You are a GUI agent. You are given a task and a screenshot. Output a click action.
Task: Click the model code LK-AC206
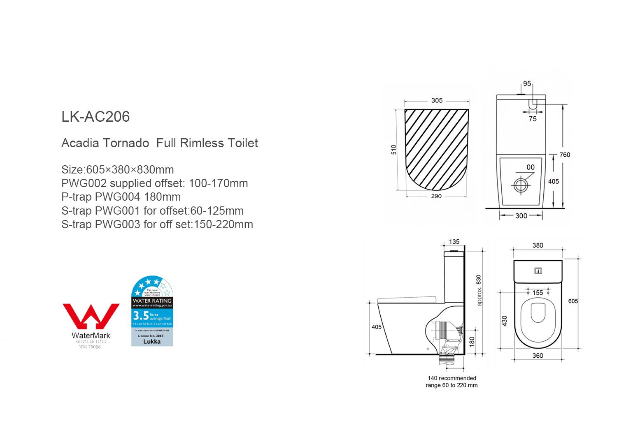point(95,117)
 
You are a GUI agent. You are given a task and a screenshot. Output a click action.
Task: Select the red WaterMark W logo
point(91,316)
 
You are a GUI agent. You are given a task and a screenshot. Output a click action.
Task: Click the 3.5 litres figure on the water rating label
point(141,316)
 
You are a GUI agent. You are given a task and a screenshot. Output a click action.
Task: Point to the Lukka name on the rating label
point(152,342)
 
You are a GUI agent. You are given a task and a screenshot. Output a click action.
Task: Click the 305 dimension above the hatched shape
point(437,100)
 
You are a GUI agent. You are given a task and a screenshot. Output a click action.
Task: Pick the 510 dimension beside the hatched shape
point(393,150)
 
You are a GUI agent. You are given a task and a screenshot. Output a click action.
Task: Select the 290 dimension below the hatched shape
point(436,196)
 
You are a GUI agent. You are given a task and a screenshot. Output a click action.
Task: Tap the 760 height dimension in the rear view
point(565,155)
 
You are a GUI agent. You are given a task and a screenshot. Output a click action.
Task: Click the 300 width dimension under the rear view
point(521,216)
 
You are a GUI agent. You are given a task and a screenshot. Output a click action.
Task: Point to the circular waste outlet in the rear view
point(521,185)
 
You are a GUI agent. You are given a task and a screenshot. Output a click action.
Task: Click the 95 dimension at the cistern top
point(527,83)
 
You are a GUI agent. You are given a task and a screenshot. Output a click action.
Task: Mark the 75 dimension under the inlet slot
point(533,119)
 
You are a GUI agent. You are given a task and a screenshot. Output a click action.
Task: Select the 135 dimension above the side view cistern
point(454,242)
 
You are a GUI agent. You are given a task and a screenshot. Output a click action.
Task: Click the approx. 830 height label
point(479,290)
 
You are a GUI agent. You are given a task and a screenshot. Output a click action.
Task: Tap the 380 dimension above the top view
point(538,245)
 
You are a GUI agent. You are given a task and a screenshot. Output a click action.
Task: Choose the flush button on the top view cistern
point(538,271)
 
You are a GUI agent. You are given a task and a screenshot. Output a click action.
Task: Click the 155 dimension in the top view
point(538,293)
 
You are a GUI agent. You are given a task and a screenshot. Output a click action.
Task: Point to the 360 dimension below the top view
point(538,356)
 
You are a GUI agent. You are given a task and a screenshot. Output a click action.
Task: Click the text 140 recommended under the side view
point(452,378)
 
